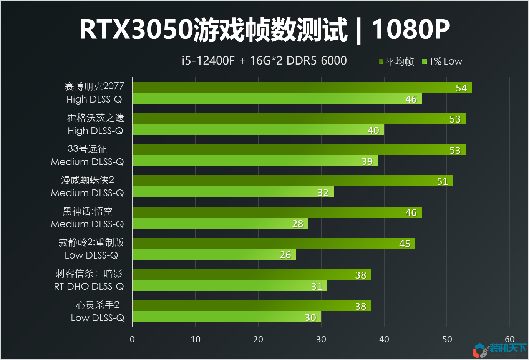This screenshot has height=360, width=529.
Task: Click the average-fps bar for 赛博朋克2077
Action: (x=302, y=88)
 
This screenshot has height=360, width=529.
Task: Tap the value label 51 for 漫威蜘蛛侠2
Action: (x=442, y=181)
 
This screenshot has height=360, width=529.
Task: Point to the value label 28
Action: (x=298, y=224)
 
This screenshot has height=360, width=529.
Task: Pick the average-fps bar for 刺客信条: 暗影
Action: (x=252, y=275)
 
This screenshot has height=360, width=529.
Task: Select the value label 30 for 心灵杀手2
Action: (x=310, y=317)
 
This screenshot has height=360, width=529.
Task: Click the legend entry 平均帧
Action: (x=396, y=61)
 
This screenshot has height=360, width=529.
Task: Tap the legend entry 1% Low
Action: (x=442, y=61)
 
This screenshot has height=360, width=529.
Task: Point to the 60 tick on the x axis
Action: (x=510, y=339)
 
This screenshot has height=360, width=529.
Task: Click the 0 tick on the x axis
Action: (x=133, y=339)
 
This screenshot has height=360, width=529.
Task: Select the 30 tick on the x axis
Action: (x=321, y=339)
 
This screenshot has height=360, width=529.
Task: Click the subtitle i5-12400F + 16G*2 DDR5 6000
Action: (x=264, y=61)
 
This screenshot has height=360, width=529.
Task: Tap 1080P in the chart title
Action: (x=411, y=30)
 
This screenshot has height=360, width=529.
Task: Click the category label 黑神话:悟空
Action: (x=88, y=211)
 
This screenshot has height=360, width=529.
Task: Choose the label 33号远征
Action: (x=87, y=149)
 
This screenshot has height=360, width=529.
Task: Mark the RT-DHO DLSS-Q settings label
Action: (x=89, y=286)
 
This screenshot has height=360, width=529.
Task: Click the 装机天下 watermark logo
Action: (x=499, y=350)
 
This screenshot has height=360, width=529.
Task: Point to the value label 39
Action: (x=367, y=161)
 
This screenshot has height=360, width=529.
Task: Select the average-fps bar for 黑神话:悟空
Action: (x=277, y=212)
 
